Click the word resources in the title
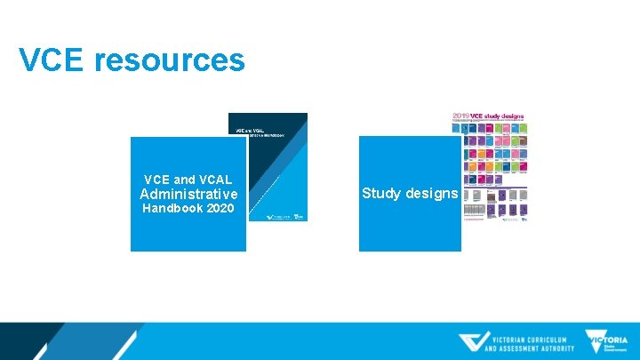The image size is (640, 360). pyautogui.click(x=169, y=60)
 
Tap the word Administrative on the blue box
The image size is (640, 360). pyautogui.click(x=188, y=194)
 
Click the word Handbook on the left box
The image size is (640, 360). pyautogui.click(x=172, y=209)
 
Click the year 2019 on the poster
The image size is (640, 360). pyautogui.click(x=462, y=116)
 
